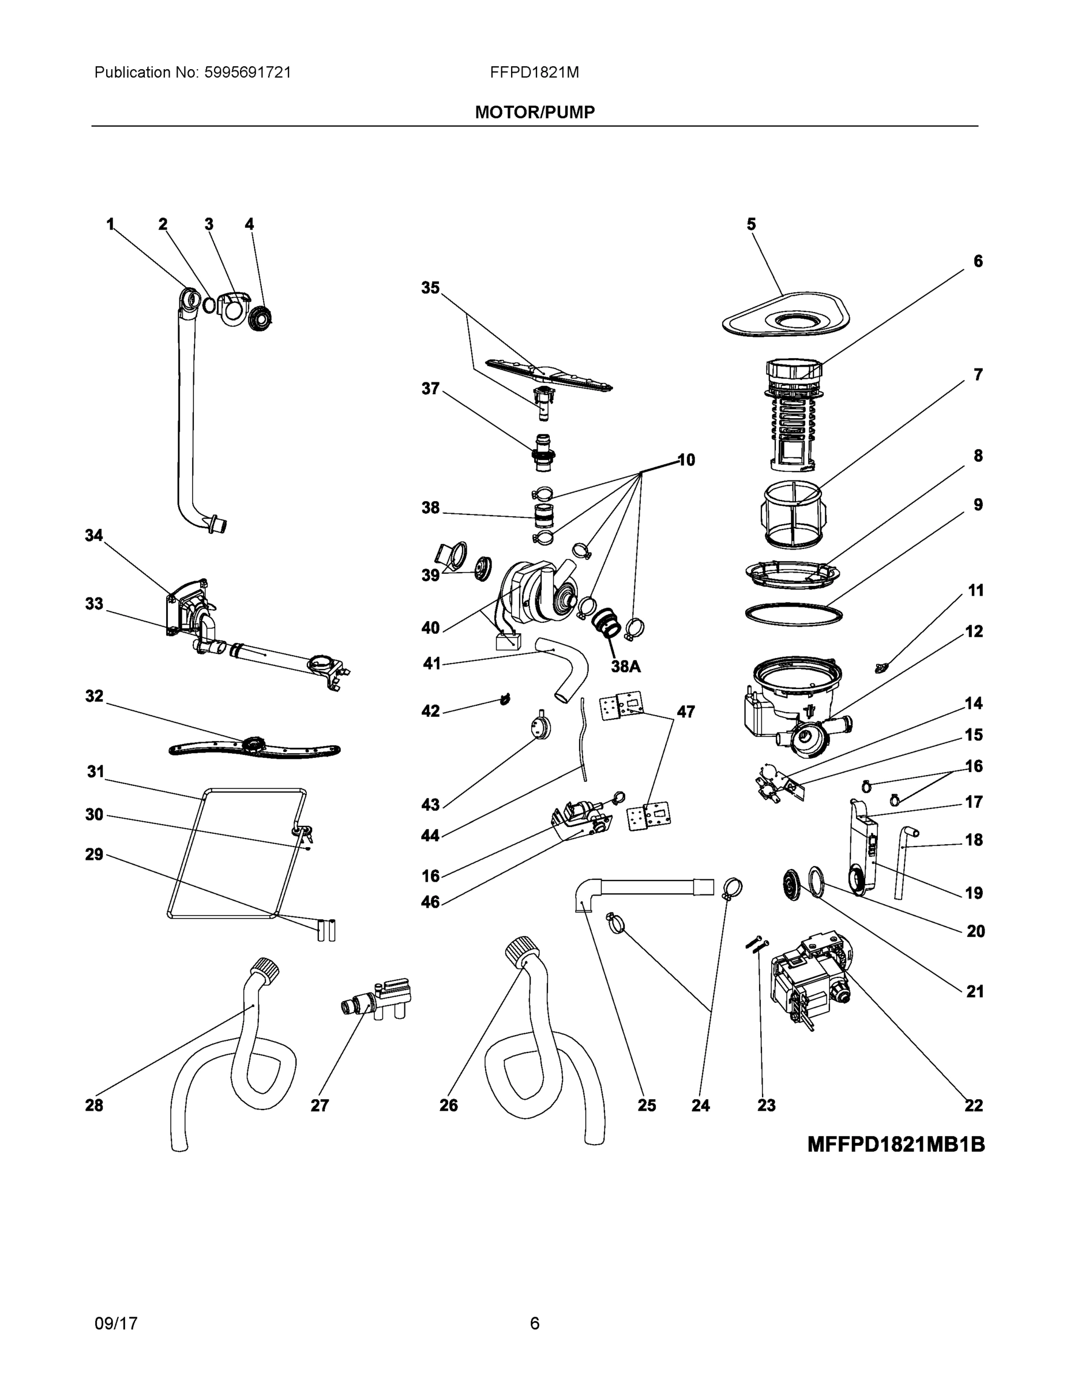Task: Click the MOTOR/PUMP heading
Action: [534, 112]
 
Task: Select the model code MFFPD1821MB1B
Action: [896, 1145]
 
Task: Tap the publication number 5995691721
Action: [248, 72]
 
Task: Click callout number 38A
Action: [626, 666]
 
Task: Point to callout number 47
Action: [685, 712]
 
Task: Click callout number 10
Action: [686, 460]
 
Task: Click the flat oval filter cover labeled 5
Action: [786, 315]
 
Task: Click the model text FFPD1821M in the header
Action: [534, 72]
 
